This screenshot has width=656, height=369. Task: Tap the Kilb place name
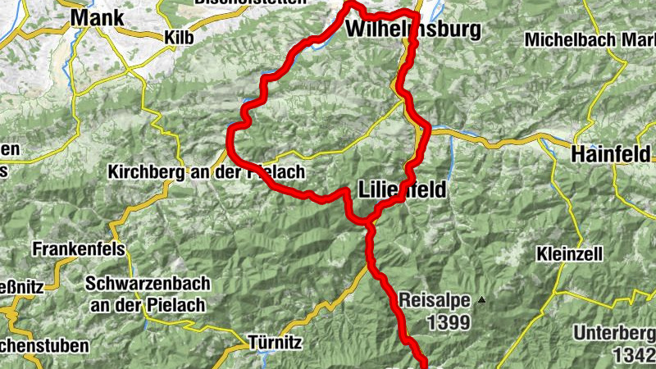180,37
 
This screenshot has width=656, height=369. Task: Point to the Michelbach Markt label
589,39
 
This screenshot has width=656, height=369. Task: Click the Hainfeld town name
611,153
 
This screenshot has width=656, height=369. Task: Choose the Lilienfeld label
403,190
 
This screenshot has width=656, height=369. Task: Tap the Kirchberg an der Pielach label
207,173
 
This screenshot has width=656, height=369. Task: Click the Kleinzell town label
571,254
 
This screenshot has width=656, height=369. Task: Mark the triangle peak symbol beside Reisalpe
482,300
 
